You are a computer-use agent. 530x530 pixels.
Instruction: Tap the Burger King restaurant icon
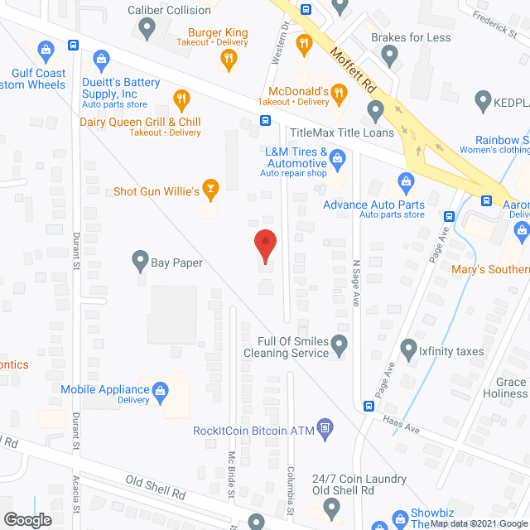point(229,58)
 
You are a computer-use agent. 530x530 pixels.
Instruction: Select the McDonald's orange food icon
point(338,96)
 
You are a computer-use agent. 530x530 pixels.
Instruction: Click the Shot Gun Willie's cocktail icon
point(211,191)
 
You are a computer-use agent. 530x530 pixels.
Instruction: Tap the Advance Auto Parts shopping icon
point(406,181)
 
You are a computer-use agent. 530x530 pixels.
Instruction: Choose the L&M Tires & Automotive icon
point(337,157)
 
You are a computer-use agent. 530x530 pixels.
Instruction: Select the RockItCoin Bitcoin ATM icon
point(325,429)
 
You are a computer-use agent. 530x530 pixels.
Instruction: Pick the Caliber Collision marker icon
point(147,31)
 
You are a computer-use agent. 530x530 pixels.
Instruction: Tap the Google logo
point(26,519)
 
